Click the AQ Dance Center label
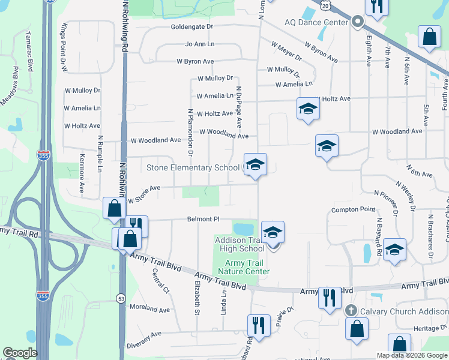(x=316, y=22)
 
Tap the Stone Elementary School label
(x=193, y=168)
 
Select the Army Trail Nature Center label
(x=247, y=267)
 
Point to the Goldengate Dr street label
(x=192, y=27)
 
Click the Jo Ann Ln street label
(x=200, y=44)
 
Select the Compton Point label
(x=354, y=210)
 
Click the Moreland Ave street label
(x=150, y=309)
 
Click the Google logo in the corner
(x=20, y=353)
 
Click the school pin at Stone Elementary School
(x=255, y=164)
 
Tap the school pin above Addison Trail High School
(x=273, y=232)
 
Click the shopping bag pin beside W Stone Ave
(x=114, y=208)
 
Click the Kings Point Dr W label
(x=64, y=48)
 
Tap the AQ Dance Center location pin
(x=358, y=22)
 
